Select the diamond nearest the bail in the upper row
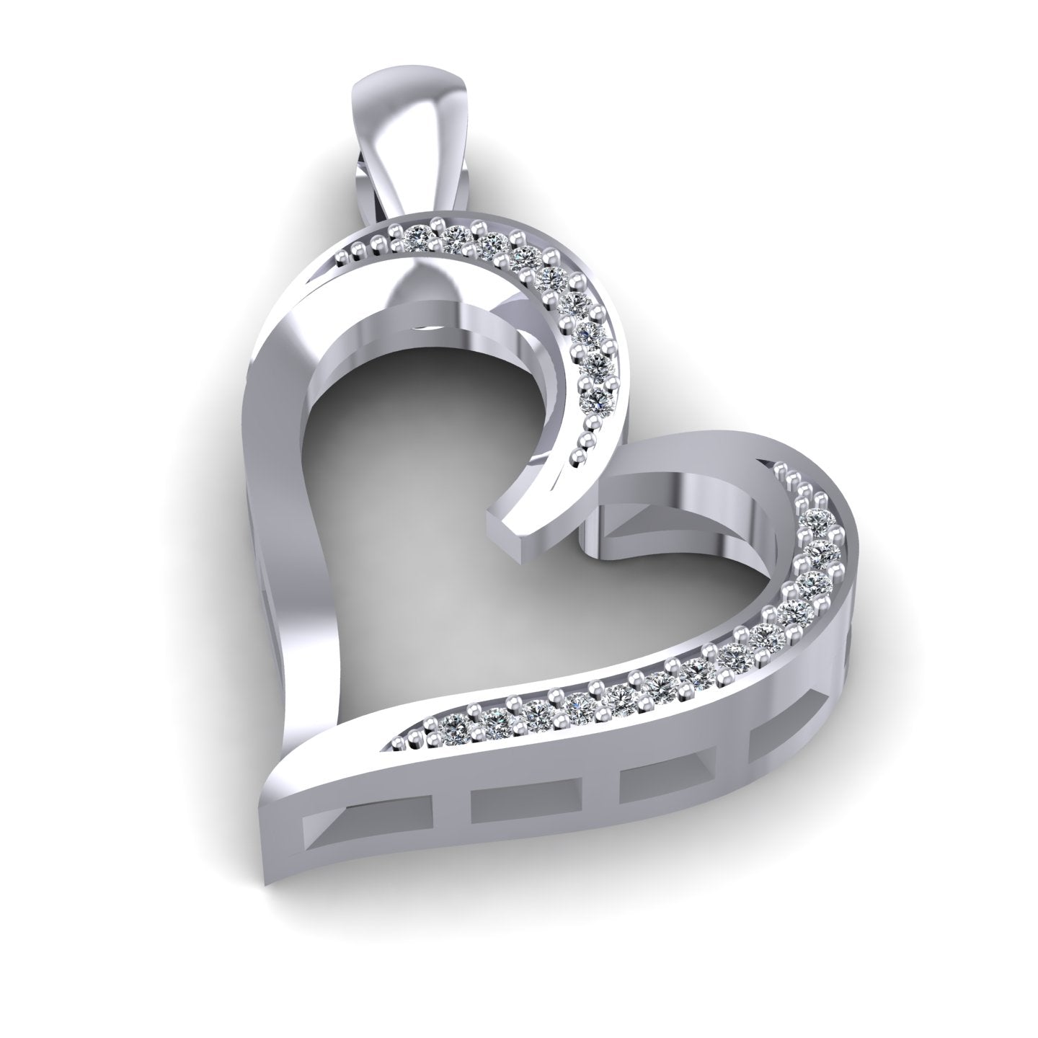coord(417,235)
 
